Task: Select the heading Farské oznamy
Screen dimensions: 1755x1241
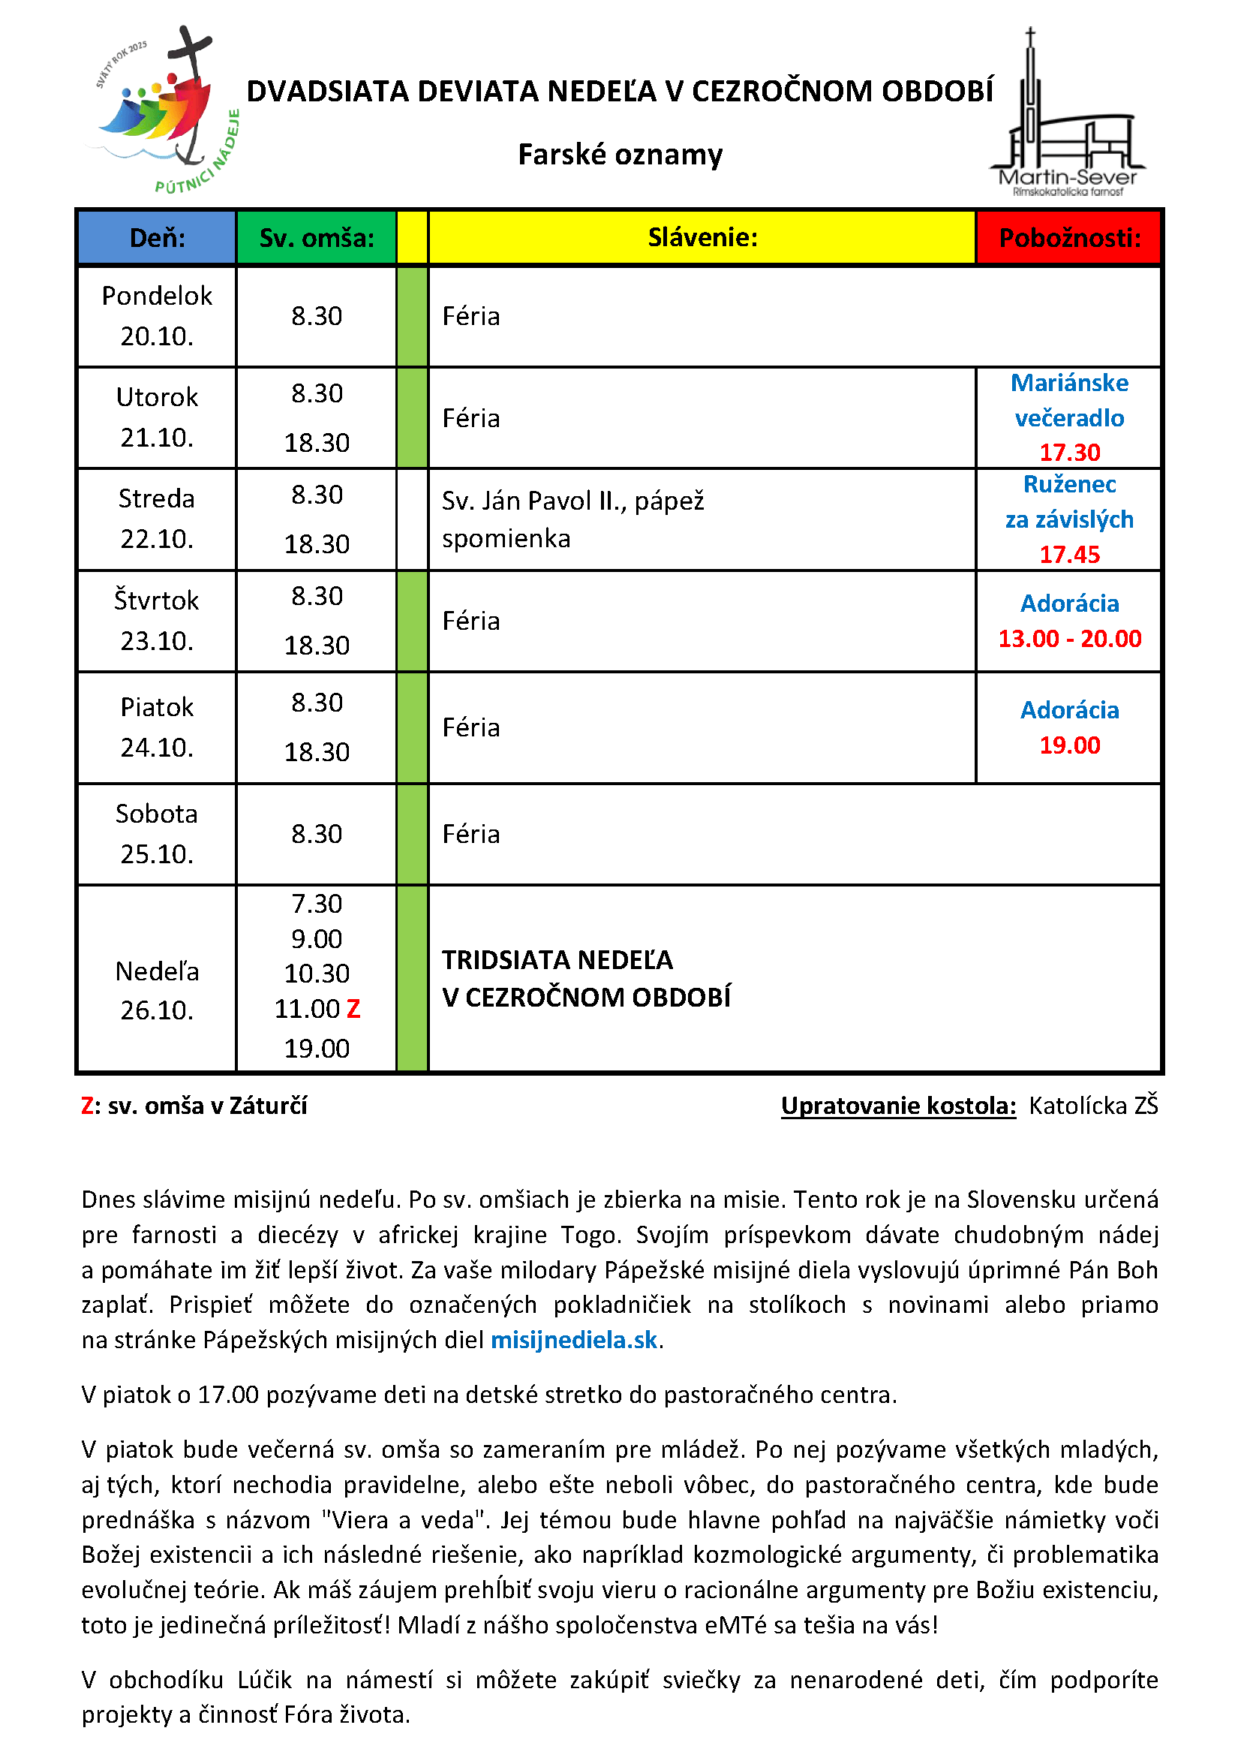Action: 620,155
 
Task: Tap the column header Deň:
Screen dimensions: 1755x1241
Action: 157,238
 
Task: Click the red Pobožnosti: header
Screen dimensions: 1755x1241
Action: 1069,238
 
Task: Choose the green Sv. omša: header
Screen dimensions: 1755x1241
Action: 317,238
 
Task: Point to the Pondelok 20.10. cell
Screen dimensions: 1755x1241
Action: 157,316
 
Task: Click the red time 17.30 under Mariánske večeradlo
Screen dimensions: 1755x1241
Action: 1069,453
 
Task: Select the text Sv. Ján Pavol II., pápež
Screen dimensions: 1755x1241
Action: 572,501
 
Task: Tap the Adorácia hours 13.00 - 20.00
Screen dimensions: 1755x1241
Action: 1069,638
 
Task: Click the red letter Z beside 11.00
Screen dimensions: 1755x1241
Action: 353,1009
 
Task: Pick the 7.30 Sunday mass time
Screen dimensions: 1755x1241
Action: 317,904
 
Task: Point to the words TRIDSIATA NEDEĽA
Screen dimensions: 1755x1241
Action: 557,959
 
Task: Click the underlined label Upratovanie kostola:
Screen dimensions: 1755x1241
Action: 898,1105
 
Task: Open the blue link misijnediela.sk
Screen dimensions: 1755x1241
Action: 573,1339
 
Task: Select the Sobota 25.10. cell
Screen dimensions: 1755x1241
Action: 157,833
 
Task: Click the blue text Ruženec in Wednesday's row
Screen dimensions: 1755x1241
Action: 1069,484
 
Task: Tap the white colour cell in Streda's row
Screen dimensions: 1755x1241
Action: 412,519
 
